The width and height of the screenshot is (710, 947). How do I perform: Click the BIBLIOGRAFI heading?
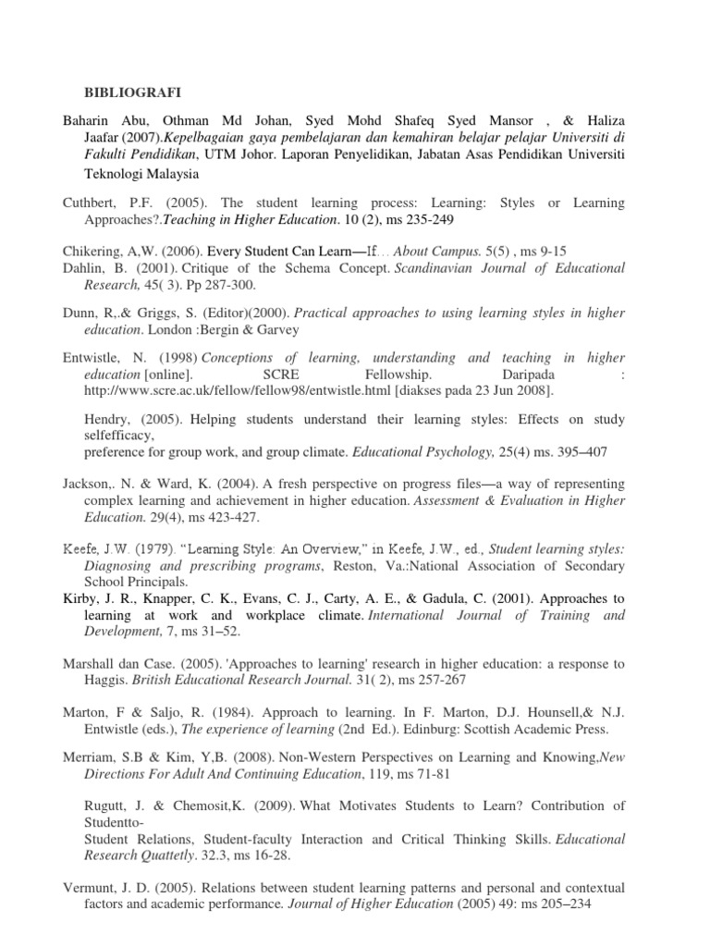(133, 92)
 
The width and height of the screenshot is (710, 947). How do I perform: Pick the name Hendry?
(108, 420)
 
